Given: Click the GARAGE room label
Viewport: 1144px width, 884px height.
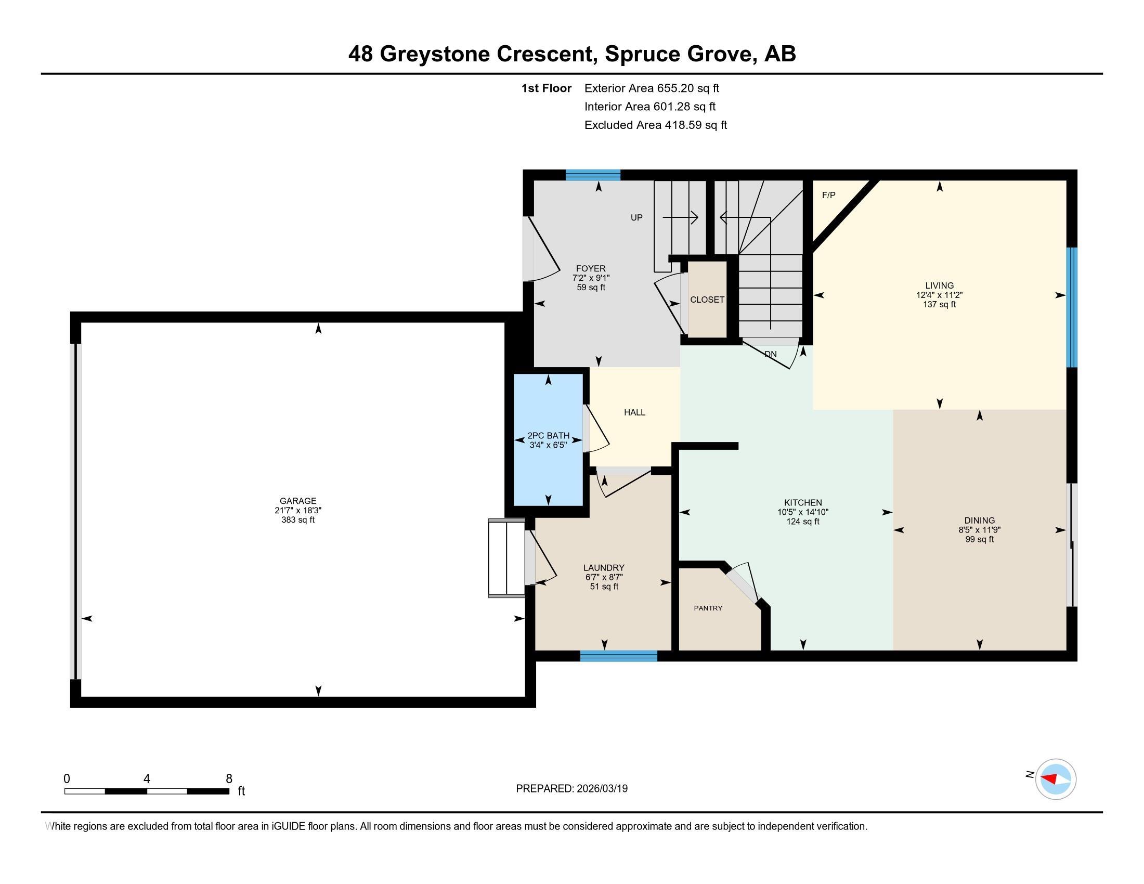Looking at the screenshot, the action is pyautogui.click(x=297, y=501).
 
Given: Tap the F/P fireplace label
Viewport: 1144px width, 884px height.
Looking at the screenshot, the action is pyautogui.click(x=829, y=196).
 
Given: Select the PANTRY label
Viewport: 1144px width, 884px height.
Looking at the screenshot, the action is pyautogui.click(x=708, y=608).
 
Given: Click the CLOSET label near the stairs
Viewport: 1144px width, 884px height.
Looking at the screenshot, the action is pyautogui.click(x=707, y=300).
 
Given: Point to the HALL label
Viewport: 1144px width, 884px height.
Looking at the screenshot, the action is pyautogui.click(x=634, y=412).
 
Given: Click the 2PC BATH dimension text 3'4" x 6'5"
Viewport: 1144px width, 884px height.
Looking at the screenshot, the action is pyautogui.click(x=549, y=445).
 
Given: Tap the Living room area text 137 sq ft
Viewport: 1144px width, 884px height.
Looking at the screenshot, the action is pyautogui.click(x=939, y=304).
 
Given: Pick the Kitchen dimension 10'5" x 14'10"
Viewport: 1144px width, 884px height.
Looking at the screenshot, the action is pyautogui.click(x=803, y=512).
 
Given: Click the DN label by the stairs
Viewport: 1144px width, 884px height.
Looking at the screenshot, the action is pyautogui.click(x=771, y=355).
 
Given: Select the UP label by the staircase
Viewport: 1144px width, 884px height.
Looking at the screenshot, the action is pyautogui.click(x=636, y=217).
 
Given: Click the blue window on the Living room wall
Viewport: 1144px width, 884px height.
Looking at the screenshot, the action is pyautogui.click(x=1072, y=307).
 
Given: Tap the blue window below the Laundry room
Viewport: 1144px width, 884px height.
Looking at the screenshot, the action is pyautogui.click(x=619, y=656).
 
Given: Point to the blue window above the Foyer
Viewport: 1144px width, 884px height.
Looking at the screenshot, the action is pyautogui.click(x=593, y=175).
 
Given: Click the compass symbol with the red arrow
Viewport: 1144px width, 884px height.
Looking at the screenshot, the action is pyautogui.click(x=1056, y=779).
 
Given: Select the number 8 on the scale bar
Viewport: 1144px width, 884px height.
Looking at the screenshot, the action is pyautogui.click(x=229, y=779).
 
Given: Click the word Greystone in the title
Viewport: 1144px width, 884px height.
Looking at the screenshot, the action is pyautogui.click(x=435, y=54).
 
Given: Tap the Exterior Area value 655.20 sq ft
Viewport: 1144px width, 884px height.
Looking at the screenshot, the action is pyautogui.click(x=688, y=88).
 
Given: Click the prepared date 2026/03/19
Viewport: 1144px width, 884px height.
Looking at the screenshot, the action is pyautogui.click(x=602, y=789).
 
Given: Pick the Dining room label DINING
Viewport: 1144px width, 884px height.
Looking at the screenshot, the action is pyautogui.click(x=980, y=521).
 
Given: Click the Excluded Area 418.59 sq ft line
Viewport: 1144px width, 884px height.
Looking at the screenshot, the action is pyautogui.click(x=656, y=125).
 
